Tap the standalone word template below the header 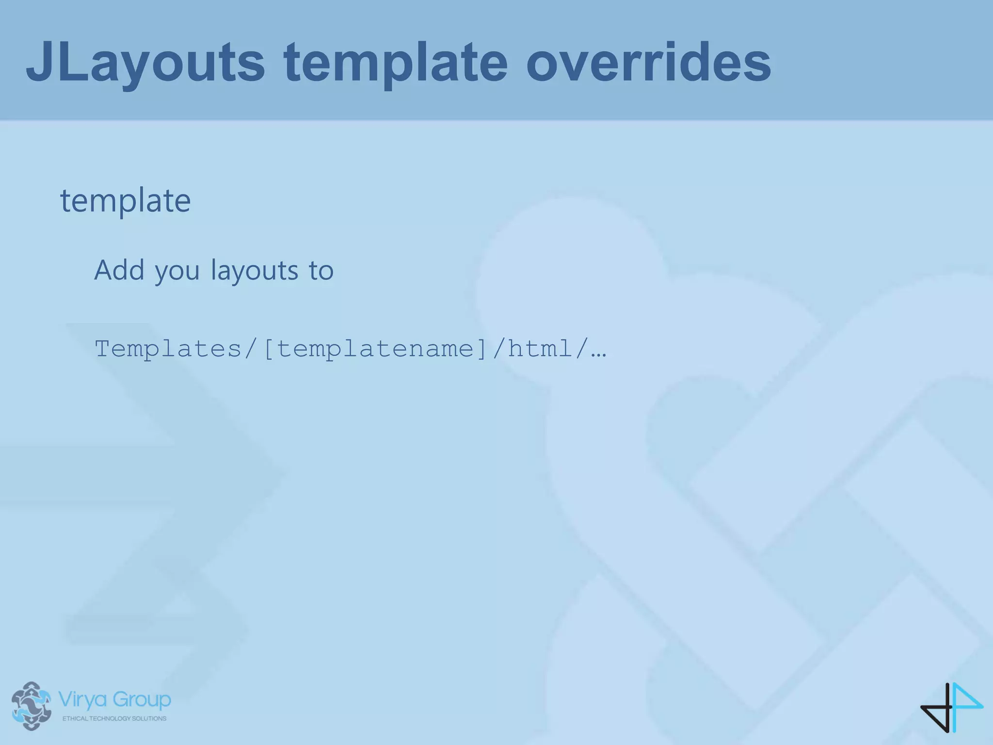click(125, 200)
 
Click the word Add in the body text click(119, 270)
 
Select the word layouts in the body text click(255, 271)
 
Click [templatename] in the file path click(374, 349)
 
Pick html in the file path click(541, 349)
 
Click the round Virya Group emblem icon click(32, 706)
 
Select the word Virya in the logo click(82, 700)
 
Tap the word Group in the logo click(142, 700)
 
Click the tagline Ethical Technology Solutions click(114, 718)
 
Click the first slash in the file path click(251, 349)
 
